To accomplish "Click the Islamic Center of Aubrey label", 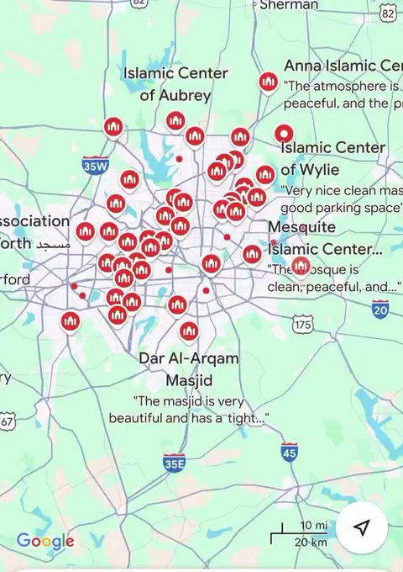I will [x=175, y=84].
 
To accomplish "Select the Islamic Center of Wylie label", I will [x=333, y=158].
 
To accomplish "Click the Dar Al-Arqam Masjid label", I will [x=188, y=368].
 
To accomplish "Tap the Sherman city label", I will [x=289, y=5].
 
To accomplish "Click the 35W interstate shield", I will [x=96, y=166].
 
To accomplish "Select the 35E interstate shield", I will [x=175, y=462].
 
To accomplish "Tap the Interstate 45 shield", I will [x=290, y=452].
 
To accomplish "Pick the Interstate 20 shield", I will [x=380, y=310].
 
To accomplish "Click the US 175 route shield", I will [x=303, y=324].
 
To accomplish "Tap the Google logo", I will [x=45, y=542].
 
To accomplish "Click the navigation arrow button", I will [x=361, y=527].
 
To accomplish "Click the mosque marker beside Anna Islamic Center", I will [x=268, y=82].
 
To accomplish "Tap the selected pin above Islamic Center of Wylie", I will [x=284, y=133].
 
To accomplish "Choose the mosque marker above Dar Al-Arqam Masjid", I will [x=189, y=331].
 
